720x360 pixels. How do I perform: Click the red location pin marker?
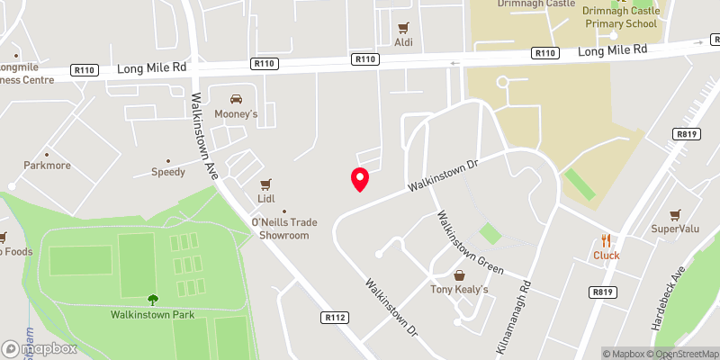(360, 179)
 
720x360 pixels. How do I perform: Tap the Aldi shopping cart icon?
(404, 28)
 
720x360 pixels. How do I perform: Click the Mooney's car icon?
(236, 99)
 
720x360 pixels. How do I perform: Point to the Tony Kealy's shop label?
(459, 289)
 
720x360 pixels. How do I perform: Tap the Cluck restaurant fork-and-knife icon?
(607, 240)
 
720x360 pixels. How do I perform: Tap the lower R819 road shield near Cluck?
(602, 292)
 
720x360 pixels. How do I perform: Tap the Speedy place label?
(167, 171)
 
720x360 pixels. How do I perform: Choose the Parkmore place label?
(47, 166)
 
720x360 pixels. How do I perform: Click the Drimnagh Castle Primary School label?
(621, 17)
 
